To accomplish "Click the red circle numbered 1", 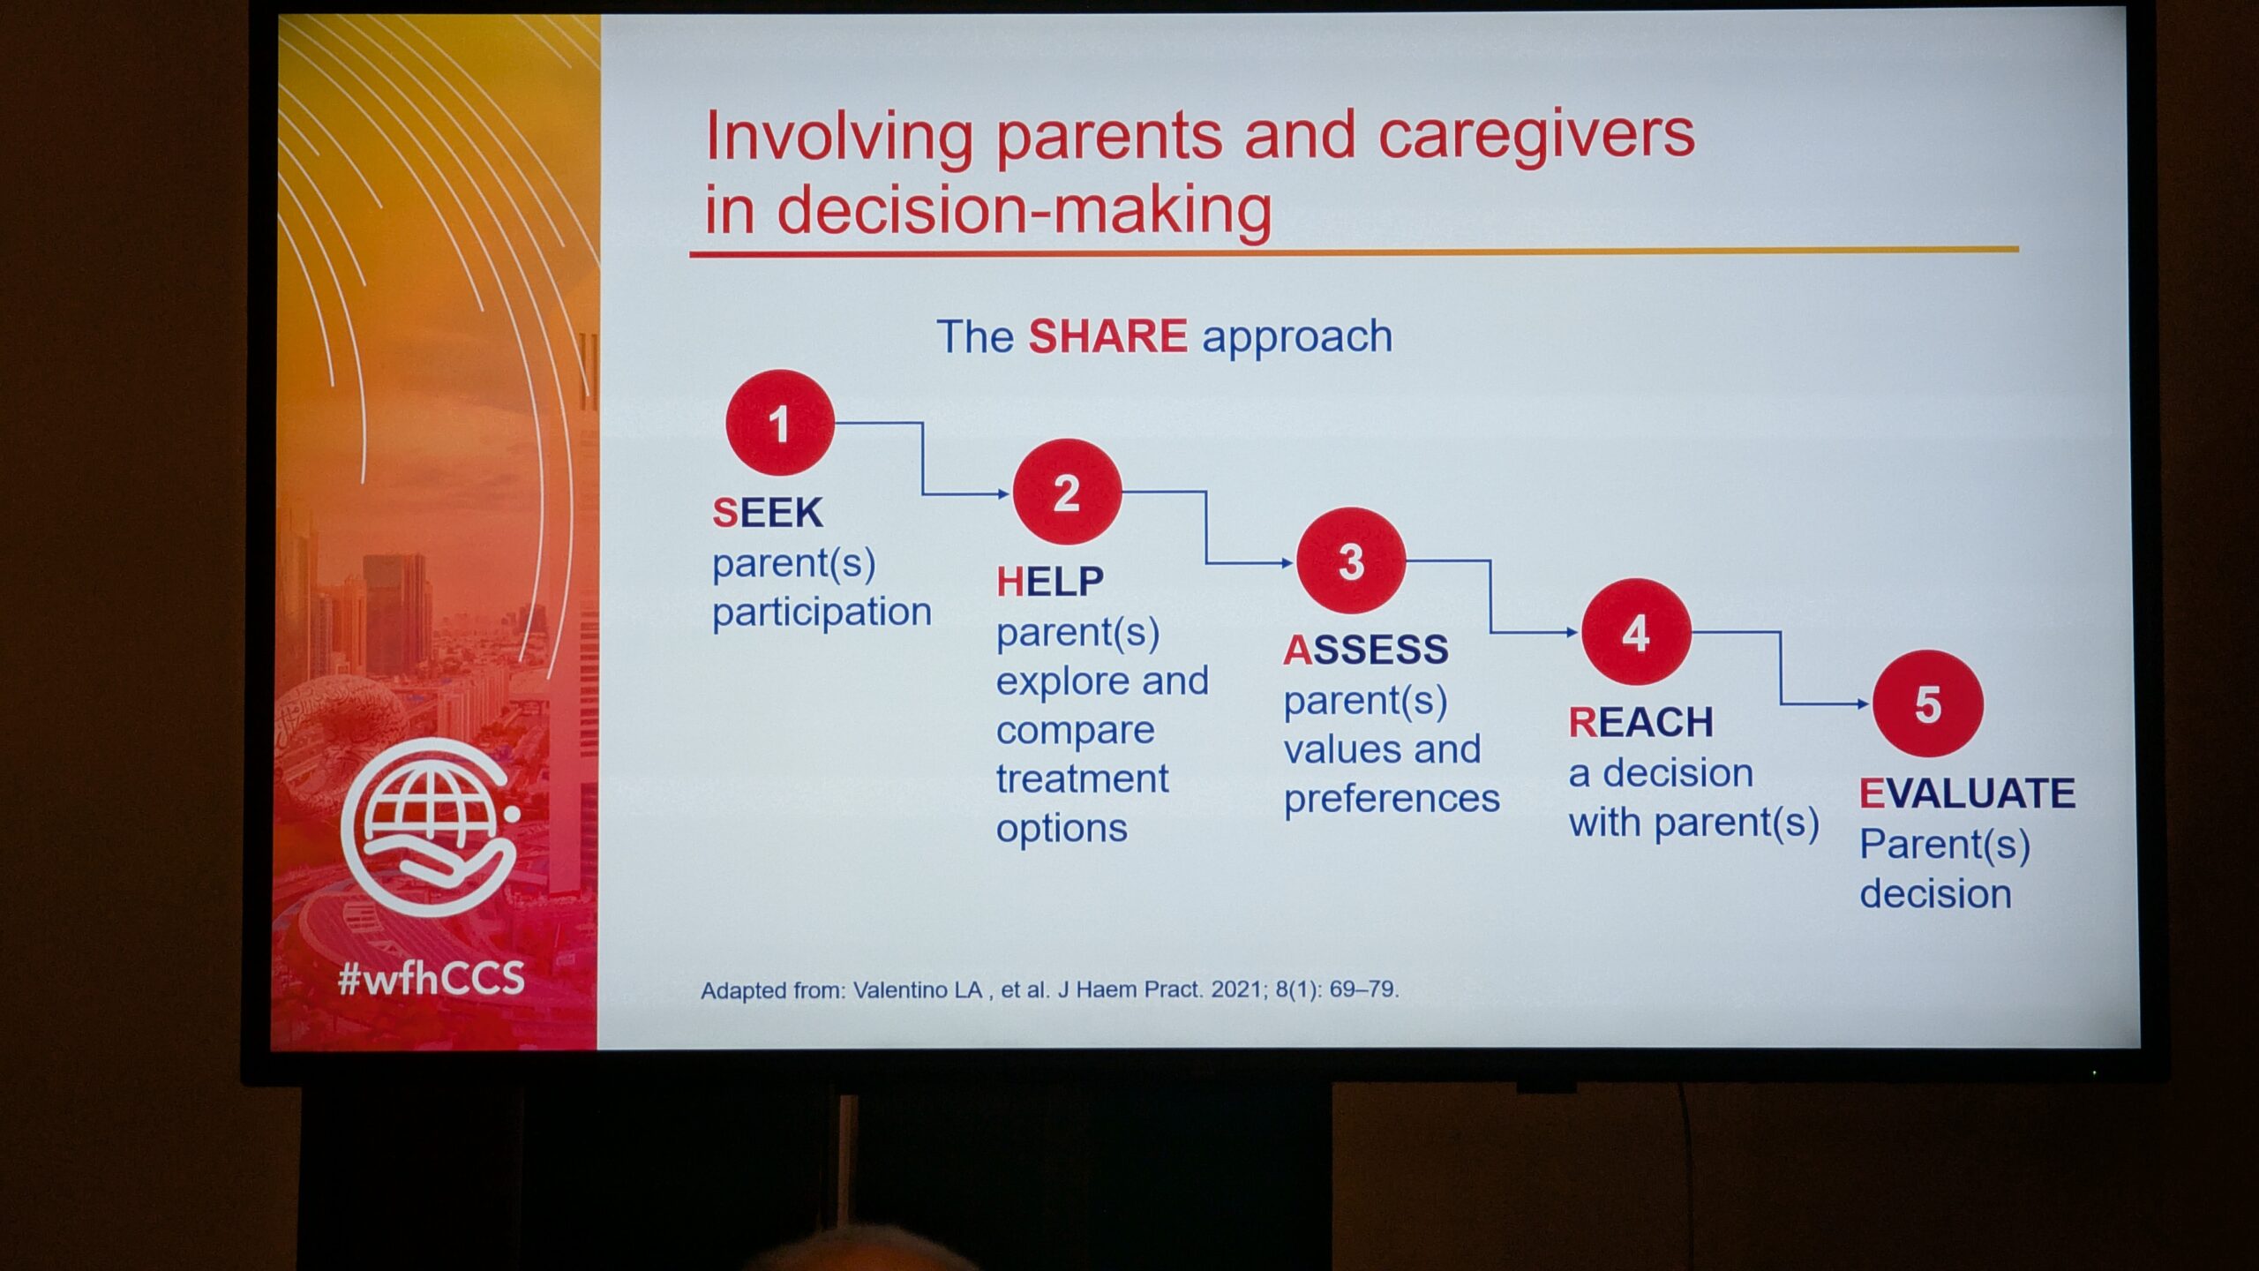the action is (780, 423).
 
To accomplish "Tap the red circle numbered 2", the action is (1067, 492).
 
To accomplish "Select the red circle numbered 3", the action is (1351, 561).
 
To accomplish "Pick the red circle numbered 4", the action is (1636, 632).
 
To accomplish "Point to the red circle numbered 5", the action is (1928, 703).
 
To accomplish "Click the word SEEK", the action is (768, 513).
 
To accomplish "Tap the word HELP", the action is (1050, 582).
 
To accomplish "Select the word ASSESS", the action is (1366, 651).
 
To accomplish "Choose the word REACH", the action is (1641, 723).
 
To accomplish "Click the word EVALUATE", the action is (1967, 793).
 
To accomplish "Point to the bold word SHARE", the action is (1107, 336).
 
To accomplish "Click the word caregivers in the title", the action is (1536, 138).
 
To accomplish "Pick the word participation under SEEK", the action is (822, 613).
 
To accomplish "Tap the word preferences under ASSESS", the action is (1392, 799).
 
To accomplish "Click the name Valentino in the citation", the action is (918, 990).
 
